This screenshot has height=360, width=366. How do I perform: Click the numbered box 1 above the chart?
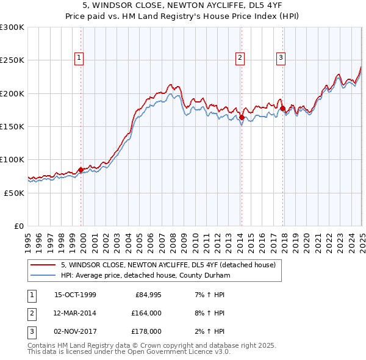click(80, 58)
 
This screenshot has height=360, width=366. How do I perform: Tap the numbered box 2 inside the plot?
click(240, 58)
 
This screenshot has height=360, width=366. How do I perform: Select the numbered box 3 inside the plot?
click(281, 58)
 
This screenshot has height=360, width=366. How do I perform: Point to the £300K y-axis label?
click(12, 27)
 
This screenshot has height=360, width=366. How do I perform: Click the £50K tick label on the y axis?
click(14, 193)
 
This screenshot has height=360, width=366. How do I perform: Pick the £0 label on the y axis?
click(19, 226)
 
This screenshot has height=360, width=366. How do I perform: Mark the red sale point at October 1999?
click(81, 170)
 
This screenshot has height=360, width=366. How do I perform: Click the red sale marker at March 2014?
click(242, 117)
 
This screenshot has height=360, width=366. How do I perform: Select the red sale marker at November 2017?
click(282, 108)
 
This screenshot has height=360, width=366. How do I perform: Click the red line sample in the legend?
click(43, 265)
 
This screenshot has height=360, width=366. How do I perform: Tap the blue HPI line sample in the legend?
click(43, 275)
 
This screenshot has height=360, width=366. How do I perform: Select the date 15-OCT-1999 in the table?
click(75, 295)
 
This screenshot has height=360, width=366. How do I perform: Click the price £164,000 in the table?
click(146, 313)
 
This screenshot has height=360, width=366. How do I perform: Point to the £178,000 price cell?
click(146, 331)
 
